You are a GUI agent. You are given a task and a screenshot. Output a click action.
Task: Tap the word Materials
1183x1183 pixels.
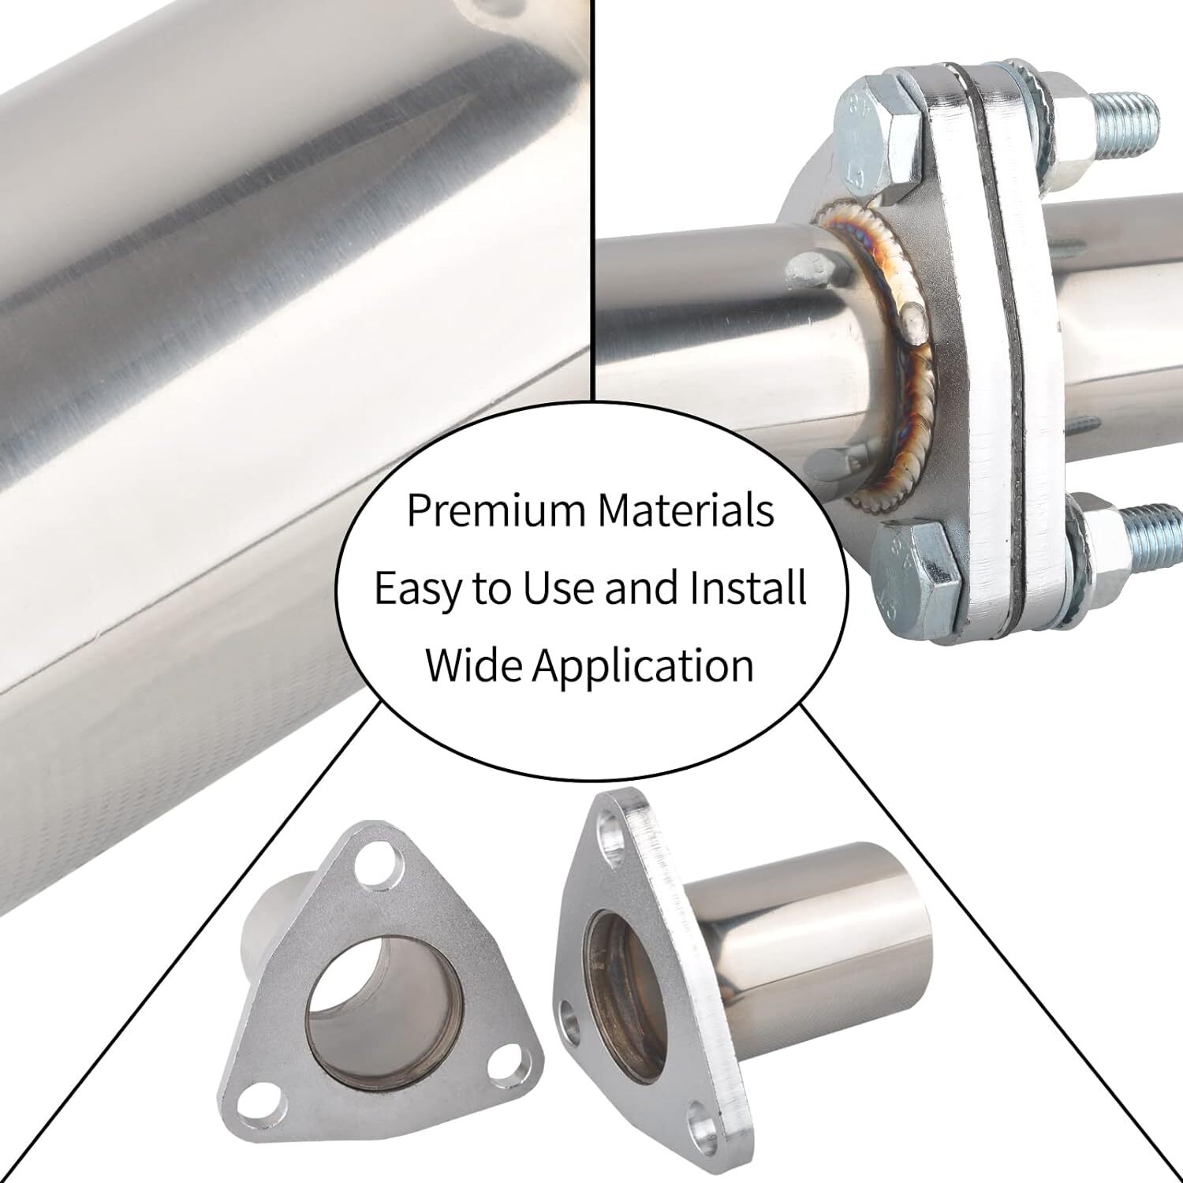click(685, 510)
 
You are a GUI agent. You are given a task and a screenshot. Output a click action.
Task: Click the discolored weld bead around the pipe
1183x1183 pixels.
click(907, 379)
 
